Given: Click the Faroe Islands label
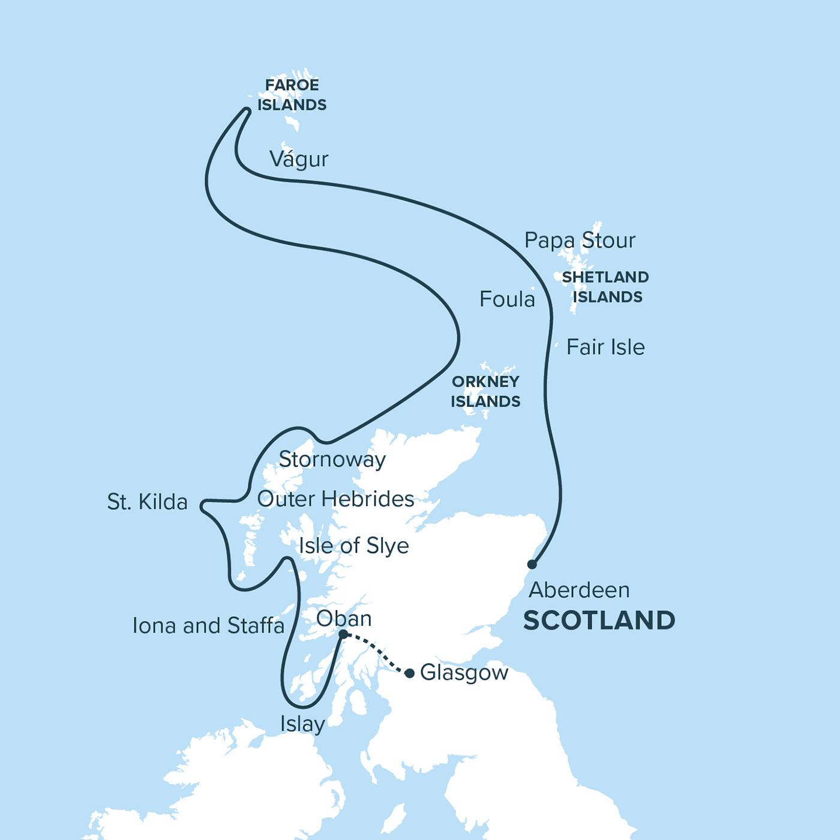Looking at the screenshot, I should point(292,95).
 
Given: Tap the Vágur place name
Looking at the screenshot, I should point(299,159).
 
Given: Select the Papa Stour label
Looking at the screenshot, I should point(580,240).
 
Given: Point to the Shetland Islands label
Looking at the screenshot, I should point(605,287).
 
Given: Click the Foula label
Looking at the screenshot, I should point(507,299).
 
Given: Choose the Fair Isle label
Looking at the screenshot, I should point(605,347).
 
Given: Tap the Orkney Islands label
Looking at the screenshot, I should point(485,391).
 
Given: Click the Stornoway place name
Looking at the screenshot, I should point(332,460).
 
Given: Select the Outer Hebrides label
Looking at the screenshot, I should point(335,499).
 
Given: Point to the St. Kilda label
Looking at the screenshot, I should point(147,502).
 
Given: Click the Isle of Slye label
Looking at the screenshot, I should point(354,545).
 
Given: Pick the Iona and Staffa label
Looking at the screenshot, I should point(208,626).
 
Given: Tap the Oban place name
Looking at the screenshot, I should point(344,619).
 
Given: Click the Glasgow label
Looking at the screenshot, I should point(464,673).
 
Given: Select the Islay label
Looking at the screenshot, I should point(302,724).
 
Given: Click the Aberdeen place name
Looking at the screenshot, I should point(579,590).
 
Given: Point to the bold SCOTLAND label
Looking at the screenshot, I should point(599,620).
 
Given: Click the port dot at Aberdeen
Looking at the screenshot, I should point(532,564).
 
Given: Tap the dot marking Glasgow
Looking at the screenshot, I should point(409,673).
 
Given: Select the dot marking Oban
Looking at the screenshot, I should point(343,634).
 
